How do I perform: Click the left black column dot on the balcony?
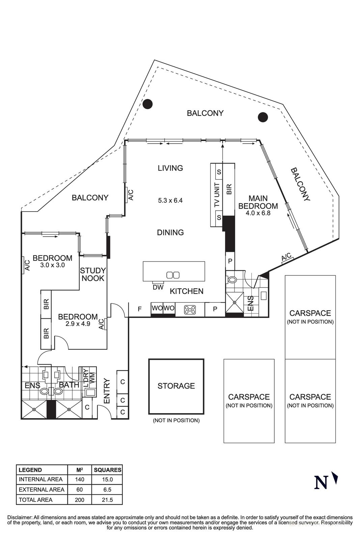(x=147, y=104)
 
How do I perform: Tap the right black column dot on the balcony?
(x=263, y=117)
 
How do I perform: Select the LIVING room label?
(x=170, y=168)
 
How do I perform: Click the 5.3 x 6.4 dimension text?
(x=170, y=200)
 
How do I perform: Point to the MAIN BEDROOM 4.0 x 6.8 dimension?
(x=258, y=213)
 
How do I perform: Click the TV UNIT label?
(x=217, y=195)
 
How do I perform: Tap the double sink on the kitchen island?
(x=173, y=275)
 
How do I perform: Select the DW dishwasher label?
(x=158, y=288)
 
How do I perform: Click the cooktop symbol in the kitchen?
(x=190, y=310)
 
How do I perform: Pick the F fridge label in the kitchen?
(x=140, y=309)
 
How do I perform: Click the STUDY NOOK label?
(x=93, y=274)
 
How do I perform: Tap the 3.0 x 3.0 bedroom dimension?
(x=52, y=265)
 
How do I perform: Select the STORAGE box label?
(x=176, y=386)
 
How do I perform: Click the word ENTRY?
(x=107, y=391)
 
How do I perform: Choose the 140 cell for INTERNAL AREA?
(x=80, y=479)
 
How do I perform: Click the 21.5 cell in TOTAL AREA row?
(x=107, y=500)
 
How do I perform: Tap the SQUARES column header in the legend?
(x=107, y=470)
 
